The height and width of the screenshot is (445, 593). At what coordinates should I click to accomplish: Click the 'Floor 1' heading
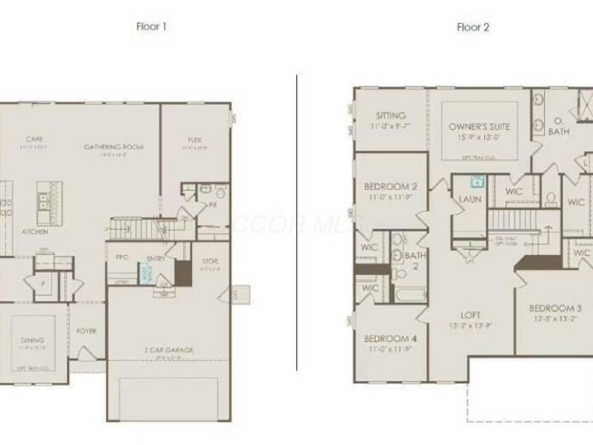[151, 27]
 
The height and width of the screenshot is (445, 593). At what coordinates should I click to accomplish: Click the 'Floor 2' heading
[473, 27]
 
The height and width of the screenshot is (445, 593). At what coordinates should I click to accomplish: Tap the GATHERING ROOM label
[113, 147]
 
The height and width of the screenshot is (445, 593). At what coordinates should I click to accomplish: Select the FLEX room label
[195, 140]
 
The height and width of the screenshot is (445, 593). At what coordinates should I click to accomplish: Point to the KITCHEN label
[35, 231]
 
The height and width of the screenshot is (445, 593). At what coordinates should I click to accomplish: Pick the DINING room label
[33, 340]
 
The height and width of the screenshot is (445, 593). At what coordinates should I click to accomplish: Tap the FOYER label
[87, 331]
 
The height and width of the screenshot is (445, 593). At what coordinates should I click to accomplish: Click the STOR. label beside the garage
[210, 262]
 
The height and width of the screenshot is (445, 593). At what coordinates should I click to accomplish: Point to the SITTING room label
[390, 116]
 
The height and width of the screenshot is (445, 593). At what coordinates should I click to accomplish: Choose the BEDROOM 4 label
[390, 338]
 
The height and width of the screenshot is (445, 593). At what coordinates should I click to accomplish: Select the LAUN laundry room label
[471, 199]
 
